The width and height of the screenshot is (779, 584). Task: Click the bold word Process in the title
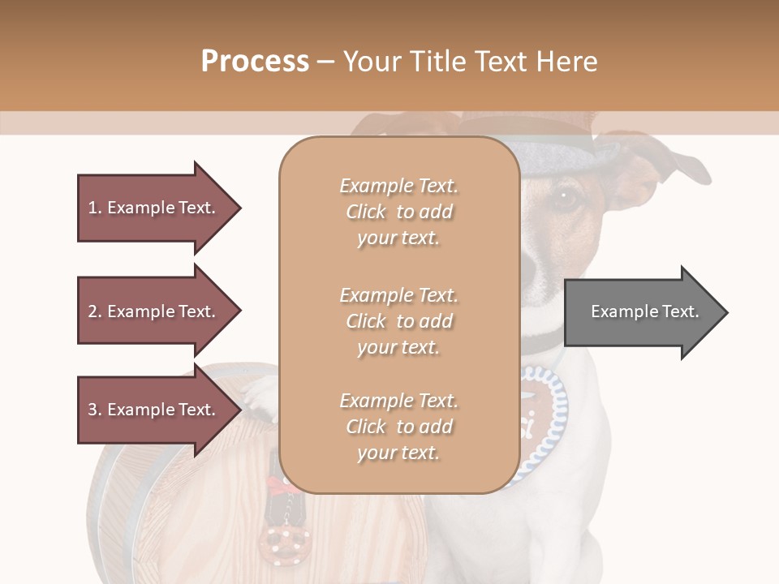click(x=255, y=61)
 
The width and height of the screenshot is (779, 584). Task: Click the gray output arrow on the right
click(x=645, y=312)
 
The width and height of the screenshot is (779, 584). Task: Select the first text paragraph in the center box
click(x=398, y=212)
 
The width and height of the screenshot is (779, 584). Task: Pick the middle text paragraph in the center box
click(x=398, y=321)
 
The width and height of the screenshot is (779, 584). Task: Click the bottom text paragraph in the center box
click(x=398, y=427)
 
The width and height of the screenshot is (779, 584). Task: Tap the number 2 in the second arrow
click(x=93, y=311)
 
